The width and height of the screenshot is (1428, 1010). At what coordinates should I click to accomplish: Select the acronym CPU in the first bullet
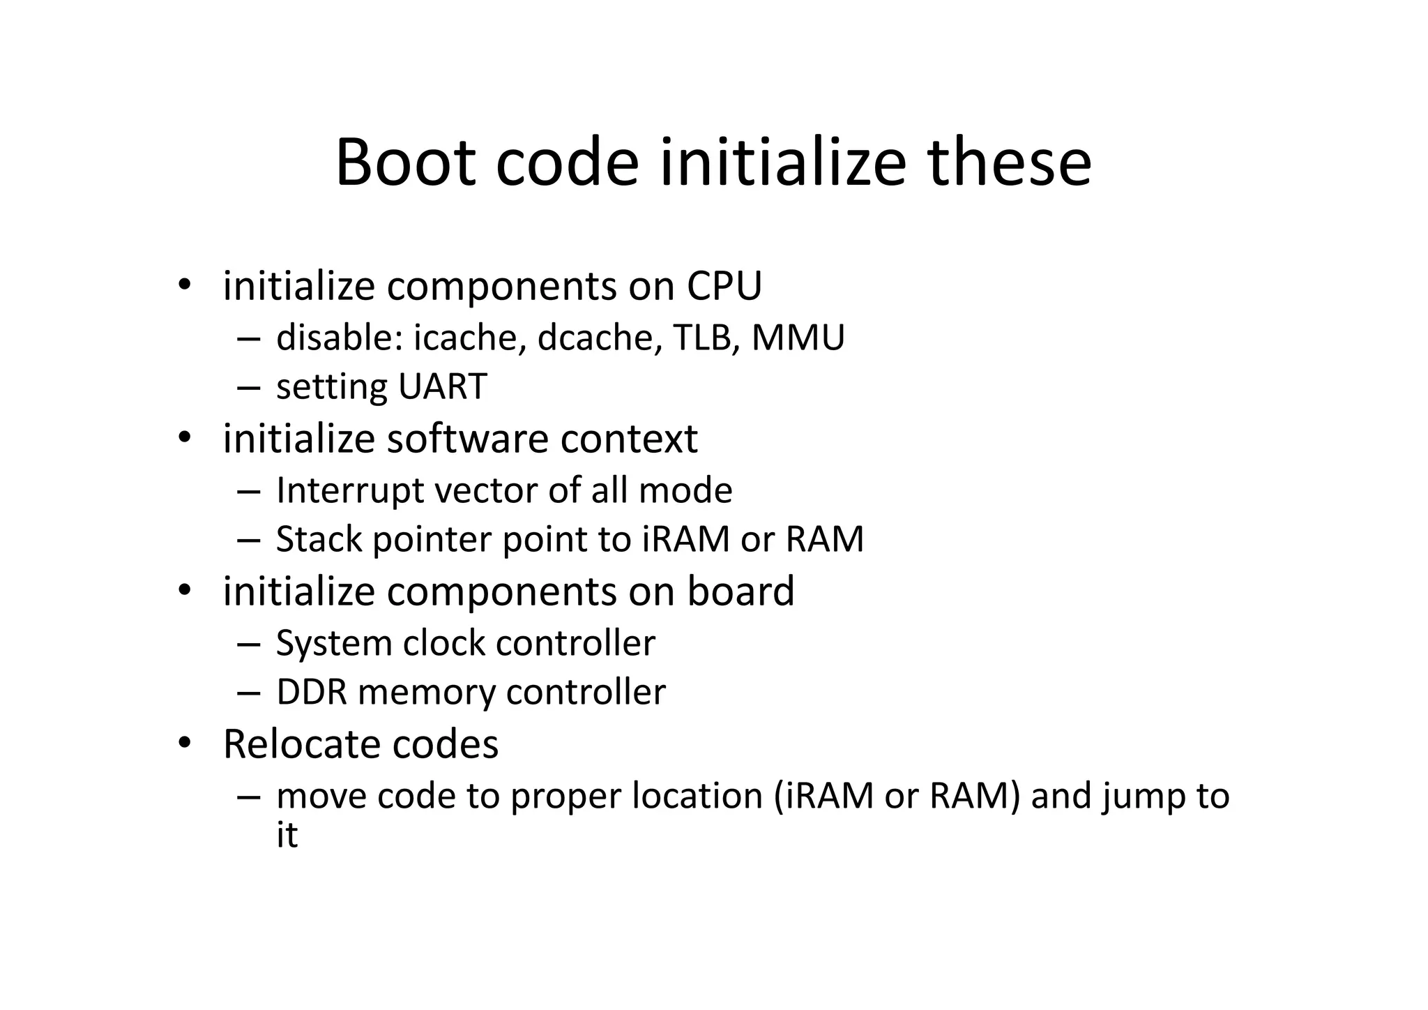coord(724,286)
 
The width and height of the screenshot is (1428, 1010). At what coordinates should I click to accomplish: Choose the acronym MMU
coord(798,338)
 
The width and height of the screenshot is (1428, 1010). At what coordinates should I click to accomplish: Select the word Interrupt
coord(350,490)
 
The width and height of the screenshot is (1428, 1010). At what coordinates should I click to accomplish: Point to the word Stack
coord(319,539)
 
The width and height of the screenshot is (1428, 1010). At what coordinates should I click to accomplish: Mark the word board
coord(740,591)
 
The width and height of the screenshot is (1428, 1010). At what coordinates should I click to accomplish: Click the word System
coord(334,643)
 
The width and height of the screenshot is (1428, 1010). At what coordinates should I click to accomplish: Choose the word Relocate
coord(302,744)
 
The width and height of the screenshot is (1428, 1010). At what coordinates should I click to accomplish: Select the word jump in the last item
coord(1144,797)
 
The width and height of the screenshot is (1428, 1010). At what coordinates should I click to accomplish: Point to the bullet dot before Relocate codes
coord(184,744)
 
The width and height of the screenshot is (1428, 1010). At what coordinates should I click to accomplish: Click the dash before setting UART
coord(248,387)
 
